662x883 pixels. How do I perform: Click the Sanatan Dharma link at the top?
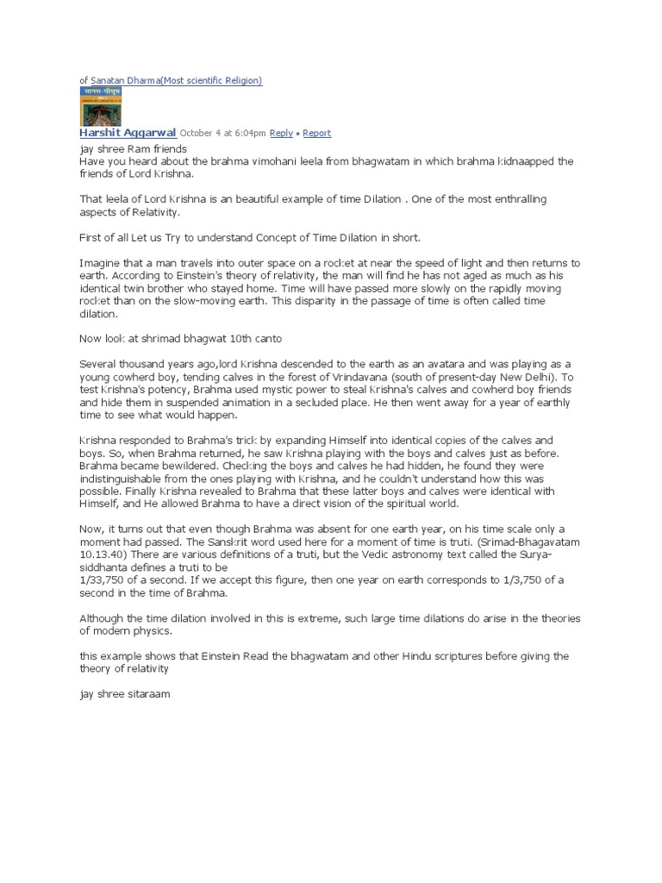coord(176,80)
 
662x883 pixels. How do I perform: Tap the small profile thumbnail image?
coord(100,106)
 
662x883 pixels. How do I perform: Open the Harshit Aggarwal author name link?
coord(128,133)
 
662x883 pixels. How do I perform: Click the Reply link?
coord(281,134)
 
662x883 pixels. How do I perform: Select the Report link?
coord(316,134)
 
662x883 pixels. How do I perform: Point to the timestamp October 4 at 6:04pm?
coord(222,134)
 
